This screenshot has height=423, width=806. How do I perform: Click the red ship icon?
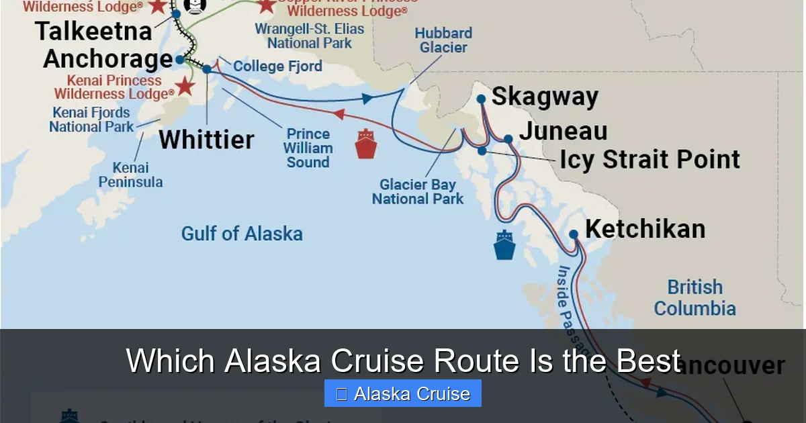pyautogui.click(x=365, y=143)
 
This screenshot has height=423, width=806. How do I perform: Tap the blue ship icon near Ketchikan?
pyautogui.click(x=504, y=245)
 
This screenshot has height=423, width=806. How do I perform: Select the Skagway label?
pyautogui.click(x=545, y=97)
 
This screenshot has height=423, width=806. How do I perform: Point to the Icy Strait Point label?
pyautogui.click(x=650, y=160)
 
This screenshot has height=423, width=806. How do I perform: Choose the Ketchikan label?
pyautogui.click(x=645, y=229)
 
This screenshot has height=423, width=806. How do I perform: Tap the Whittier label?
pyautogui.click(x=207, y=140)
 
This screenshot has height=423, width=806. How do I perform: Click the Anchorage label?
pyautogui.click(x=108, y=59)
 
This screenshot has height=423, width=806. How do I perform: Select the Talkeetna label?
pyautogui.click(x=94, y=32)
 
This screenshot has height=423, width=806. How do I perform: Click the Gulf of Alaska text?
pyautogui.click(x=242, y=234)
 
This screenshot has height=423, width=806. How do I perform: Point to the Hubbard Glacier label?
pyautogui.click(x=443, y=40)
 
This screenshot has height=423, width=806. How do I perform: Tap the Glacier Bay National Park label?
pyautogui.click(x=418, y=191)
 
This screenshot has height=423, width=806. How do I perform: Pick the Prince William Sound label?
pyautogui.click(x=308, y=148)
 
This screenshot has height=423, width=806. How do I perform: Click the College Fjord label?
pyautogui.click(x=277, y=66)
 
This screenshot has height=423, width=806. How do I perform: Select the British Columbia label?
pyautogui.click(x=695, y=297)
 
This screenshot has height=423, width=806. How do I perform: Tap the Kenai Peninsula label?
pyautogui.click(x=130, y=175)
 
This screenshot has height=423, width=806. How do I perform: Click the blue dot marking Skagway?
pyautogui.click(x=481, y=99)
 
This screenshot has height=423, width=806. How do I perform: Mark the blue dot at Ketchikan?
pyautogui.click(x=574, y=234)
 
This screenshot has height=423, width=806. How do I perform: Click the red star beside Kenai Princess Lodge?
pyautogui.click(x=185, y=87)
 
